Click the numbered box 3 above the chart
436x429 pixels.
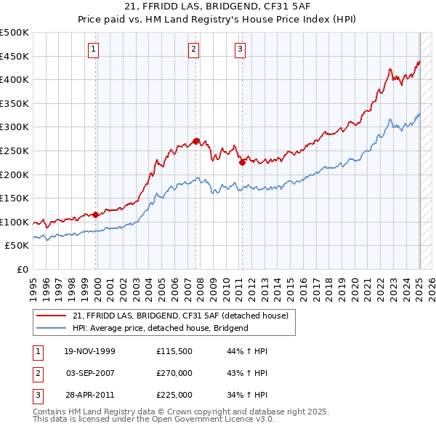[x=240, y=49]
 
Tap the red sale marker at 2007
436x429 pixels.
[x=196, y=140]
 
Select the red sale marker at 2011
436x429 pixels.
[x=242, y=162]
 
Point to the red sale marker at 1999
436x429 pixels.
[x=96, y=214]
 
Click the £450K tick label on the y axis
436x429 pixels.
[x=15, y=57]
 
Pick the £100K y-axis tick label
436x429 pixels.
[x=15, y=222]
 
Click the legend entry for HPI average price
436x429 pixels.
[x=161, y=328]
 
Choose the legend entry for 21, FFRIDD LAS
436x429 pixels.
[x=180, y=316]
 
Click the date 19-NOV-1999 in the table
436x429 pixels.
[x=89, y=351]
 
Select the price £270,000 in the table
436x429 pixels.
[x=174, y=373]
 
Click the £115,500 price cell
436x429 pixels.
[x=174, y=351]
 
